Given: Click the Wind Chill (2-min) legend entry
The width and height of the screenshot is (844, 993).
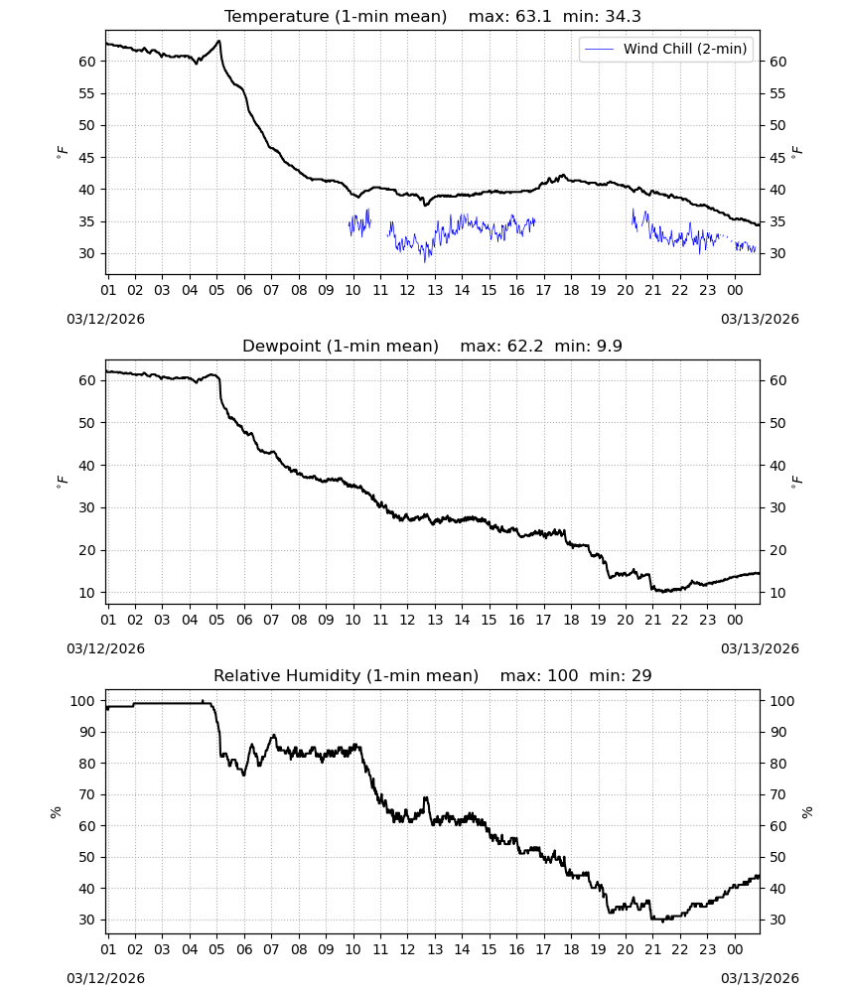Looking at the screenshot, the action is coord(666,49).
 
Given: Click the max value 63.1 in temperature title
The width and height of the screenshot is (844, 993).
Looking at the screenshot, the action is coord(533,17).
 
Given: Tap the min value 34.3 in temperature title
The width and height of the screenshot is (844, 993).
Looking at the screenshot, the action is coord(623,17).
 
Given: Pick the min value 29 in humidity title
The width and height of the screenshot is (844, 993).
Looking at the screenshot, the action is coord(641,675).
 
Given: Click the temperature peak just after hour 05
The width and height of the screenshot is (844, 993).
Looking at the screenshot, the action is coord(219,41).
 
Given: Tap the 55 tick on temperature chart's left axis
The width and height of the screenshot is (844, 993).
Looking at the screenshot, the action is coord(86,93).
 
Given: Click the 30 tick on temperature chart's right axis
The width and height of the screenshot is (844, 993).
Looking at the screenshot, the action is coord(777,253).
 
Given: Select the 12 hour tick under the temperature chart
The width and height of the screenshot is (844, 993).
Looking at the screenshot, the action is coord(407,291).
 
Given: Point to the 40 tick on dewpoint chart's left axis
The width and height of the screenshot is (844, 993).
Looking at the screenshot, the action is coord(86,466).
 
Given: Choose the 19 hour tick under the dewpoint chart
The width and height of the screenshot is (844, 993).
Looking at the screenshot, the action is coord(599,620).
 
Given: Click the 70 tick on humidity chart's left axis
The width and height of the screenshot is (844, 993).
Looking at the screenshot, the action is coord(86,794).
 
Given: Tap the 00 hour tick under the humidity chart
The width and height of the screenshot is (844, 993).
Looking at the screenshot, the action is coord(735,949).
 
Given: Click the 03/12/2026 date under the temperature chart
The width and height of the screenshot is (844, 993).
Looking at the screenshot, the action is coord(105,319).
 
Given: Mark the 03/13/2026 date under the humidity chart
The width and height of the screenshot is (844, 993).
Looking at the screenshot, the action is coord(760,978).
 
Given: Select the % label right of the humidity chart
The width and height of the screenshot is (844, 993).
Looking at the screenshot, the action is coord(806,812).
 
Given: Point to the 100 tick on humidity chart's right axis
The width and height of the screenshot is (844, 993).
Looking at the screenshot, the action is coord(781,701).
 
